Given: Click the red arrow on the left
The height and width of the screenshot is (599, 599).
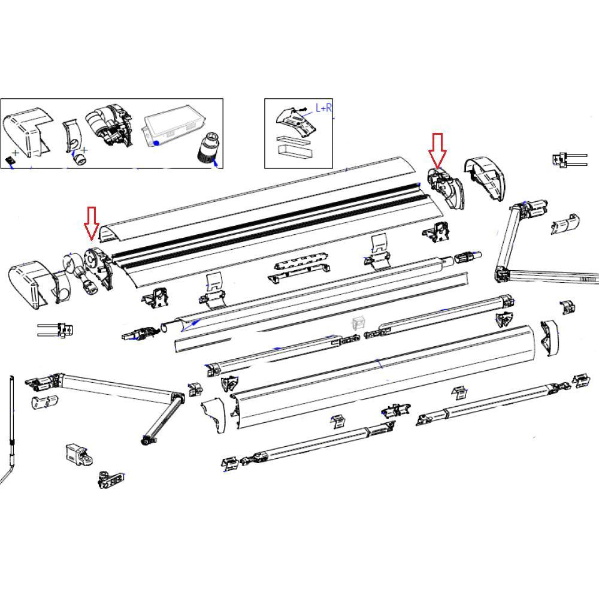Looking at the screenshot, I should point(91,222).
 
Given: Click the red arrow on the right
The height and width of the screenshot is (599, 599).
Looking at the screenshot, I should point(437,150).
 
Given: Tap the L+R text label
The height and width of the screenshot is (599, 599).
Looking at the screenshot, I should point(324,108).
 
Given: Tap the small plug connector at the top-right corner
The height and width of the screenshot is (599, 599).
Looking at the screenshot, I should point(565,160).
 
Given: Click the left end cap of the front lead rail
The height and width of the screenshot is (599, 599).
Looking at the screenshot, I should point(215,414).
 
